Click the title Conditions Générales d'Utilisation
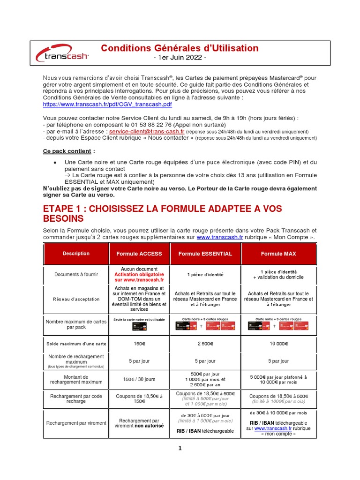[x=180, y=48]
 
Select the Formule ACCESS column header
[x=139, y=254]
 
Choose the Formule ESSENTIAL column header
[x=205, y=254]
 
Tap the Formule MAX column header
[x=278, y=254]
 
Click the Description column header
[x=76, y=254]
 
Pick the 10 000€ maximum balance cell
[x=278, y=344]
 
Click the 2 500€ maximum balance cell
[x=205, y=344]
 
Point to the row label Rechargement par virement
[x=76, y=423]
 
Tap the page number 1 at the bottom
[x=180, y=448]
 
